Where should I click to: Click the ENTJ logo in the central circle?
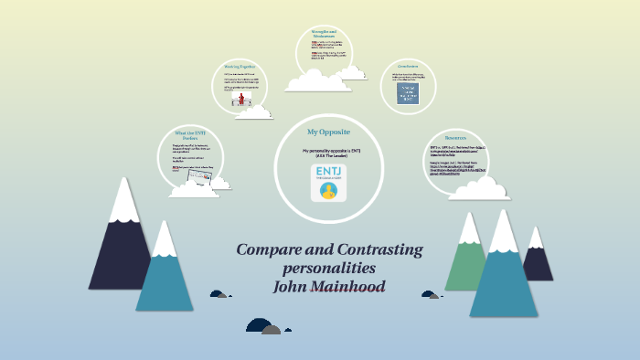tap(329, 180)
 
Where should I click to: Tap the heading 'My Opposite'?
tap(328, 132)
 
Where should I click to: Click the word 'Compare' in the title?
tap(272, 249)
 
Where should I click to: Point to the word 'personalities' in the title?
tap(329, 268)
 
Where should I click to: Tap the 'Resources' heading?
tap(454, 136)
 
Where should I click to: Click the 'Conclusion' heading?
tap(408, 66)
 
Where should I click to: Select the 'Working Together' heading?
tap(244, 67)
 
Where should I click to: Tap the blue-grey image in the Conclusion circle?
tap(408, 95)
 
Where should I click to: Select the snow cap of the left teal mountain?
tap(165, 238)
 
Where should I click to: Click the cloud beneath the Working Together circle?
tap(252, 112)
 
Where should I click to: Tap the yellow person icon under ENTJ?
tap(329, 190)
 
